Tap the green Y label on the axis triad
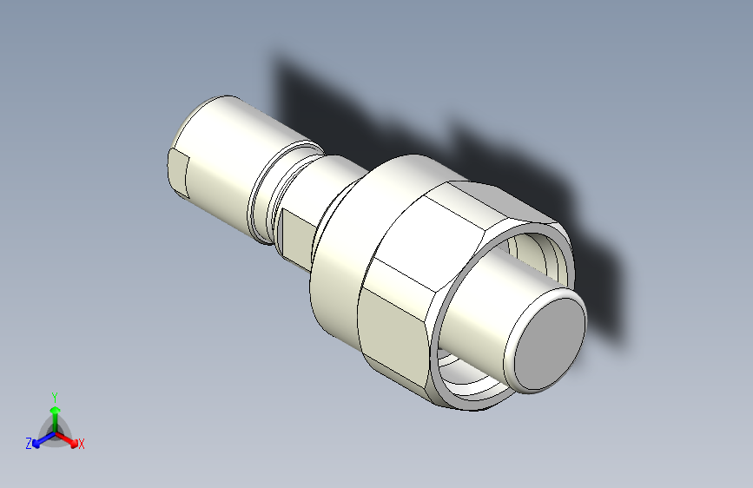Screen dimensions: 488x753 54,394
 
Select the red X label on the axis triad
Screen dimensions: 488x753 82,445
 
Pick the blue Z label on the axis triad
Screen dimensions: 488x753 29,444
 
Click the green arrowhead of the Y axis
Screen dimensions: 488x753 55,407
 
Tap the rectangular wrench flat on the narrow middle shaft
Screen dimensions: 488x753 294,235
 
